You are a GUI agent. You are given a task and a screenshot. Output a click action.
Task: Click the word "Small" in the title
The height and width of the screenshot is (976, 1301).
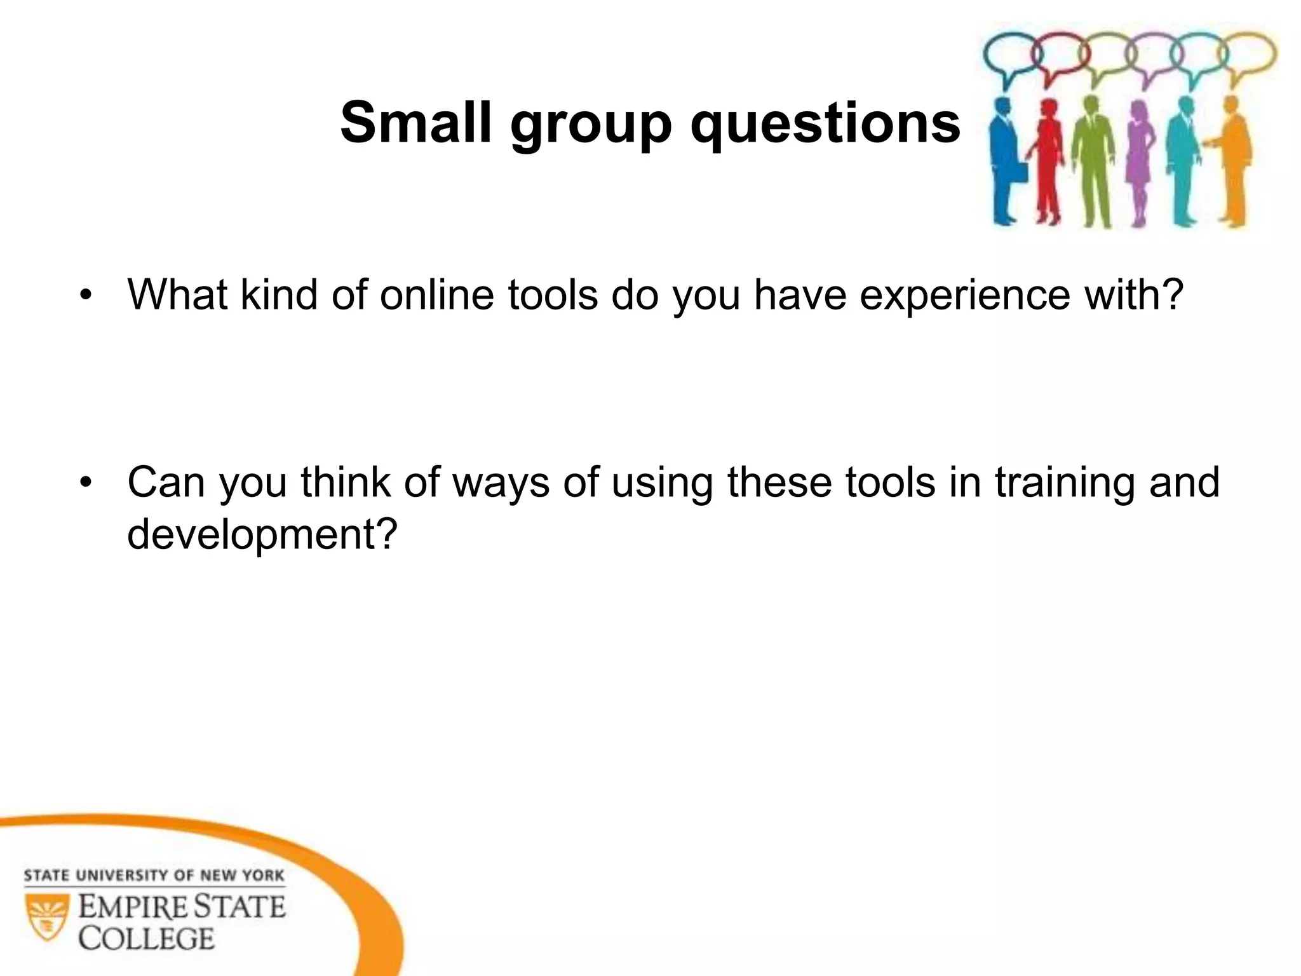click(416, 122)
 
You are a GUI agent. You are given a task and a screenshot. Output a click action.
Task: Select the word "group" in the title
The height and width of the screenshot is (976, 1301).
click(590, 127)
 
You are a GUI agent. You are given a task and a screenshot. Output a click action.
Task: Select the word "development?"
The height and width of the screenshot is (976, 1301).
click(262, 535)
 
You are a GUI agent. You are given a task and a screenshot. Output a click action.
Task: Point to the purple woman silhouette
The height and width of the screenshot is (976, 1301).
click(1140, 162)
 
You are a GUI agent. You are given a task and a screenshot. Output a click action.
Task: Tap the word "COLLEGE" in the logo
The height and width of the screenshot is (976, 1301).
click(146, 939)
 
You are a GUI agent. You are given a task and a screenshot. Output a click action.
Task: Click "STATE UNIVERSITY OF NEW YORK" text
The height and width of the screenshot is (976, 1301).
click(154, 876)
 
